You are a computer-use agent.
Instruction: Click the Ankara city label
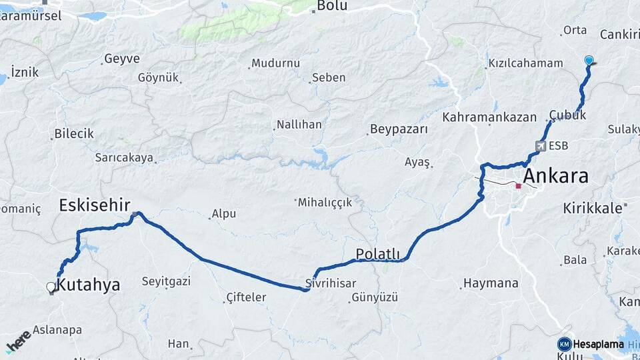[556, 177]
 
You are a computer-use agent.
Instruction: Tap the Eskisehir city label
[94, 205]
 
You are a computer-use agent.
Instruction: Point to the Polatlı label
[377, 254]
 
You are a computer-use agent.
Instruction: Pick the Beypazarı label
[399, 129]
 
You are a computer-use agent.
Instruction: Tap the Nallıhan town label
[299, 125]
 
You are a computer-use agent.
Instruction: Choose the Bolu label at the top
[332, 6]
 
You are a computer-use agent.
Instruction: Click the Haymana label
[491, 283]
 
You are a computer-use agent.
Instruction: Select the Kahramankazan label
[489, 117]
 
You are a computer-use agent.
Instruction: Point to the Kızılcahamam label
[525, 63]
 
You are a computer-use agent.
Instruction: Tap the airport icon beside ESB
[540, 146]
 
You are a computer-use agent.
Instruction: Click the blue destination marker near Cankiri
[589, 61]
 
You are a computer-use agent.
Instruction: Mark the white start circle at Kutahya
[51, 287]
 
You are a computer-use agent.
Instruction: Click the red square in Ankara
[518, 186]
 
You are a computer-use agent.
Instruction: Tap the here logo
[18, 341]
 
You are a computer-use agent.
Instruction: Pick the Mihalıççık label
[325, 202]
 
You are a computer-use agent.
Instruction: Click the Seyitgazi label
[166, 281]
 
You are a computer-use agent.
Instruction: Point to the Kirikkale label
[592, 207]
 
